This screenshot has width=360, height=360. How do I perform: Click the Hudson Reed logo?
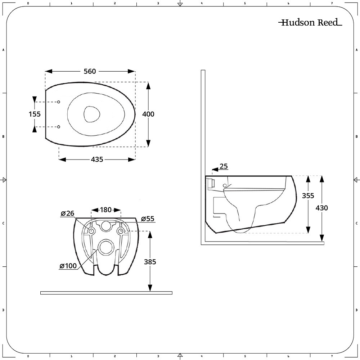(x=310, y=23)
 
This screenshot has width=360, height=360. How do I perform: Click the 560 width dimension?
(x=90, y=71)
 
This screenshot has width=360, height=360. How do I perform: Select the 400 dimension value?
(x=148, y=114)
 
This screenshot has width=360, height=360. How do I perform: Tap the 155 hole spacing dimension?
(x=35, y=114)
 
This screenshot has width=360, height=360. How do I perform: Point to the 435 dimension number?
(x=96, y=159)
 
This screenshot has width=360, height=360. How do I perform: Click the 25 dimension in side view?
(x=224, y=166)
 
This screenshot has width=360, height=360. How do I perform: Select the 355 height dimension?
(x=308, y=195)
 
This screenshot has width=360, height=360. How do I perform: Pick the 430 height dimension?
(x=321, y=208)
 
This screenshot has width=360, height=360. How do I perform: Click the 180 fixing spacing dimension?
(x=105, y=210)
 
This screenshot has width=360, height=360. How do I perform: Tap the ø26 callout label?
(x=67, y=213)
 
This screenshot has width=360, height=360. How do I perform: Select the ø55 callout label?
(x=148, y=219)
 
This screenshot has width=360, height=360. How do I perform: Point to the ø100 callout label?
(x=68, y=266)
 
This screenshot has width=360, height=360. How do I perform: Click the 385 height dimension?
(x=150, y=262)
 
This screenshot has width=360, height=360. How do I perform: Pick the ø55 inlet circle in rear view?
(x=106, y=226)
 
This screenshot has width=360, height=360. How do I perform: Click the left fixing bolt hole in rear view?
(x=91, y=231)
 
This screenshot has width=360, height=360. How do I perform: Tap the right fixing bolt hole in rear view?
(x=121, y=231)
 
